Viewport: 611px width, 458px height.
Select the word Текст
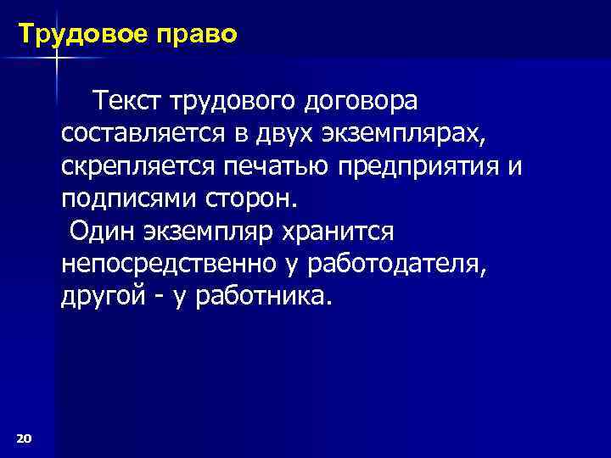pyautogui.click(x=129, y=102)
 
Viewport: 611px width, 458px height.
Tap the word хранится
pyautogui.click(x=335, y=232)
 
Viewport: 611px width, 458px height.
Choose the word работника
pyautogui.click(x=260, y=297)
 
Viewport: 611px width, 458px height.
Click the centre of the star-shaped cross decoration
pyautogui.click(x=56, y=57)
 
